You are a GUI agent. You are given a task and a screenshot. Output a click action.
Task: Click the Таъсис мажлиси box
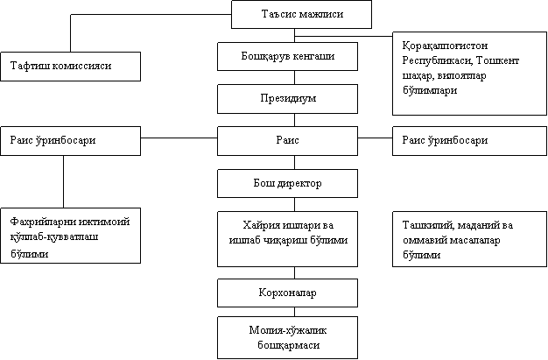point(301,14)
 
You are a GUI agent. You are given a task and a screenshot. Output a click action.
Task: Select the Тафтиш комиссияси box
point(71,67)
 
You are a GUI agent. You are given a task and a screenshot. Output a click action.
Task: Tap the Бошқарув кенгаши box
point(287,56)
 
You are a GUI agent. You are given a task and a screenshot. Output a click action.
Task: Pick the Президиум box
point(287,99)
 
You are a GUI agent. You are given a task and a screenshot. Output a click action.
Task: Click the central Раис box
point(287,141)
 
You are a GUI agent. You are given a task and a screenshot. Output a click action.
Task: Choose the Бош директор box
point(287,183)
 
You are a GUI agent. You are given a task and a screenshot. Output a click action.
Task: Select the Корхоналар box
point(287,293)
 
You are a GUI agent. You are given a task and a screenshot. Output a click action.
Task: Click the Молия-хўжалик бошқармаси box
point(287,337)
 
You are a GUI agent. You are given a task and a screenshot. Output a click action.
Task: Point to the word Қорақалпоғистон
point(445,46)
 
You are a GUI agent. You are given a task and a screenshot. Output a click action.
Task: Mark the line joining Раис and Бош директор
point(294,163)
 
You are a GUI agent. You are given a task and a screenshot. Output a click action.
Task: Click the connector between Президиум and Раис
point(294,120)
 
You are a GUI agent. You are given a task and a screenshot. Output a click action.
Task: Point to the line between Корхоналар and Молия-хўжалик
point(294,312)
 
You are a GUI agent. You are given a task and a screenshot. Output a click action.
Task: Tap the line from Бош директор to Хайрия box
point(294,204)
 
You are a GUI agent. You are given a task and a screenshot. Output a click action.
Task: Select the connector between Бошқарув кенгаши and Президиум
point(294,77)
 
